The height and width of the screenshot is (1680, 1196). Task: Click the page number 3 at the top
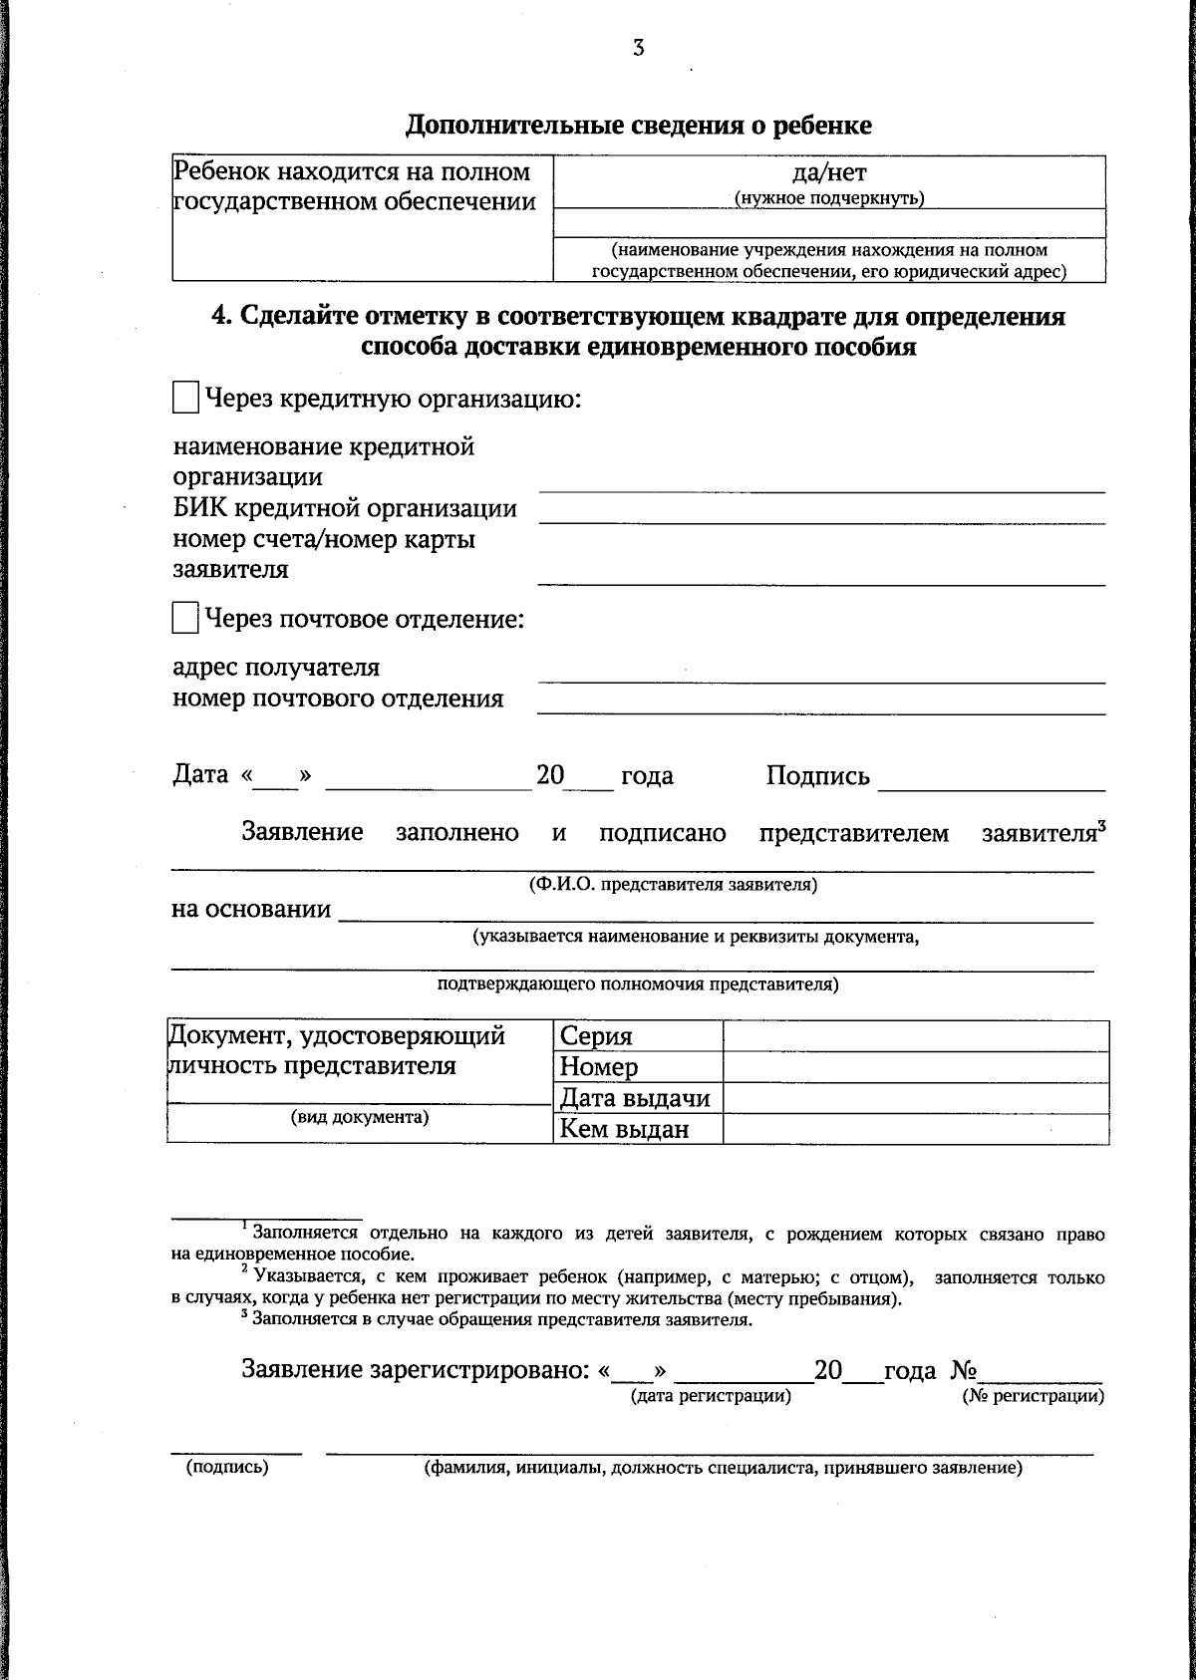click(x=638, y=48)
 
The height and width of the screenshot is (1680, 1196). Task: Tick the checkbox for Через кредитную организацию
click(x=185, y=399)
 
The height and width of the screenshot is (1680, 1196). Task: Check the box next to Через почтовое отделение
click(x=185, y=619)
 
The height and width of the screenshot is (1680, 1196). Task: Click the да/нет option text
click(x=829, y=172)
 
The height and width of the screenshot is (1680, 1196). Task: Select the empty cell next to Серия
click(x=915, y=1037)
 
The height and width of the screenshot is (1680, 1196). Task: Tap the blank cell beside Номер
click(x=915, y=1067)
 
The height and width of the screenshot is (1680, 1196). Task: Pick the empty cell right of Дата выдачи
click(x=915, y=1098)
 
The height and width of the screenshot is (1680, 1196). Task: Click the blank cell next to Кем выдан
click(x=915, y=1129)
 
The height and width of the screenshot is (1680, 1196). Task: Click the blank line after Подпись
click(x=991, y=780)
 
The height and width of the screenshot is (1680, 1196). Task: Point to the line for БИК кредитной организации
click(x=821, y=514)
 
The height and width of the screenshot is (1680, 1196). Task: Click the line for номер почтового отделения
click(x=821, y=704)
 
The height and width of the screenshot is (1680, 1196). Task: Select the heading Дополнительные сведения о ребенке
click(x=638, y=126)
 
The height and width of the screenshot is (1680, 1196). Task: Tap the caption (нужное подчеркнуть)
click(x=829, y=198)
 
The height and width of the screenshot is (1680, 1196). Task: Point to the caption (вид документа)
click(x=360, y=1117)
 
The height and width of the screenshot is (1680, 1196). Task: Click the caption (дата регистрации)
click(x=711, y=1397)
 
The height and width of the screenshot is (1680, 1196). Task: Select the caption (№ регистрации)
click(x=1033, y=1397)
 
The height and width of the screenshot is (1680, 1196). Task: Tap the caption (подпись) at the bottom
click(x=227, y=1468)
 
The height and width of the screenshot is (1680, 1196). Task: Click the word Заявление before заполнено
click(x=302, y=833)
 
